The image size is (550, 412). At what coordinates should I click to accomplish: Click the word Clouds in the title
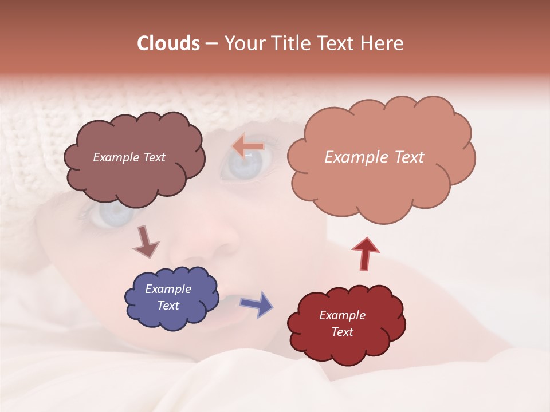[168, 43]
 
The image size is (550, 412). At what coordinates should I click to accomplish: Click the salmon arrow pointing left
[248, 146]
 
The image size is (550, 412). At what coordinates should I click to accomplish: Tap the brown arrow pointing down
[146, 241]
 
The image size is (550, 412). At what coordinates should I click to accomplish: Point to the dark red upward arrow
[366, 253]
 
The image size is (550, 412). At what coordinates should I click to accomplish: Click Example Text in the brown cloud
[129, 157]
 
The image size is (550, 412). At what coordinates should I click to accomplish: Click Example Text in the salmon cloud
[374, 157]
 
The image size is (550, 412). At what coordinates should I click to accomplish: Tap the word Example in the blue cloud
[168, 289]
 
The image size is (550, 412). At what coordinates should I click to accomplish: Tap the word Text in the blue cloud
[168, 306]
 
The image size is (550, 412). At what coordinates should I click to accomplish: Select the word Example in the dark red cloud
[342, 315]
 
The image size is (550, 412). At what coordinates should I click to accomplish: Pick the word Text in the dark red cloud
[342, 332]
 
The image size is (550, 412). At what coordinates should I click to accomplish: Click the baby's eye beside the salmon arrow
[243, 165]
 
